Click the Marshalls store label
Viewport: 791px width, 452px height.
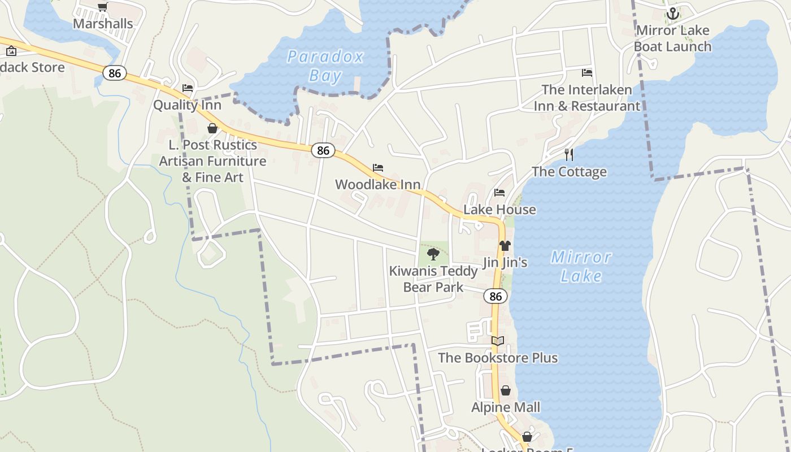(x=103, y=24)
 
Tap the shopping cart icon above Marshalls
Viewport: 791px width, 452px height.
(x=102, y=7)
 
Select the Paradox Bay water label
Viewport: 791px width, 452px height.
(x=325, y=66)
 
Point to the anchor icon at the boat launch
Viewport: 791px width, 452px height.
(x=672, y=14)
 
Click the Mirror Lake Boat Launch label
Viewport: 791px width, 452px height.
(x=672, y=38)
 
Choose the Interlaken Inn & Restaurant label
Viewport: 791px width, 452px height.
(x=587, y=98)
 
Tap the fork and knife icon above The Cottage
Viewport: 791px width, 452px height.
(x=569, y=155)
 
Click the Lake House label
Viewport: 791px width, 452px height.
(x=499, y=210)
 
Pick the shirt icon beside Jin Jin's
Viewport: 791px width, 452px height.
(x=505, y=246)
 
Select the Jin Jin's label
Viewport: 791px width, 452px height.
(x=505, y=263)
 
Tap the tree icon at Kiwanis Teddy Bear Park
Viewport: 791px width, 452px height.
(x=433, y=254)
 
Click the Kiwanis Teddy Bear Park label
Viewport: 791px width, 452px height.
(x=433, y=279)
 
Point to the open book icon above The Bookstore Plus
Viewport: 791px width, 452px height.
(x=498, y=341)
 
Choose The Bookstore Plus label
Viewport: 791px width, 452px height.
(x=498, y=358)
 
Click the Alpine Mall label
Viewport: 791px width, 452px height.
(x=506, y=407)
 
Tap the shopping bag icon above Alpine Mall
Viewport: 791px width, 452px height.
(x=506, y=390)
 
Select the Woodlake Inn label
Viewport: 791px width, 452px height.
(x=378, y=185)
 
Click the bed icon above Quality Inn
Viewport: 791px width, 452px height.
(x=188, y=88)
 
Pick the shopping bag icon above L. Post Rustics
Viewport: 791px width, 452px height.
(x=212, y=128)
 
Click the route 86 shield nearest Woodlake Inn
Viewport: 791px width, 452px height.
(x=323, y=150)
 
